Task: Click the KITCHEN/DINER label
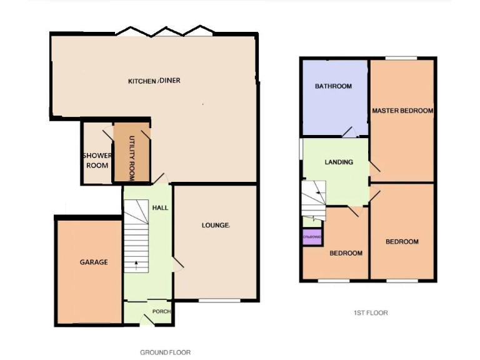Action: click(x=154, y=81)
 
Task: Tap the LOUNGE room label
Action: click(x=216, y=225)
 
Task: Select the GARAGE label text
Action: click(x=93, y=262)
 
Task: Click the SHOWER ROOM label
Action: click(x=96, y=161)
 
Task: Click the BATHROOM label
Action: click(x=333, y=86)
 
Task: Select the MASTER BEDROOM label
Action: click(x=402, y=111)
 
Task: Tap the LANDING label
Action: click(x=339, y=162)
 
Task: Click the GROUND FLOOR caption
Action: click(x=165, y=352)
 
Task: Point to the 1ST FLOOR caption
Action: click(x=371, y=312)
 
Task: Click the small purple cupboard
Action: click(x=312, y=237)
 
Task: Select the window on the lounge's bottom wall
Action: click(x=220, y=301)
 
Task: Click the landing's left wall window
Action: click(x=301, y=153)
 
